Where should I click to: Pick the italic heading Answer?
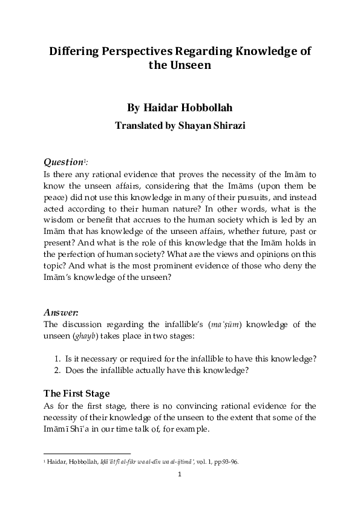click(61, 312)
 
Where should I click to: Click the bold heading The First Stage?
click(77, 394)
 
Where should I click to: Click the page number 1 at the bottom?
click(180, 475)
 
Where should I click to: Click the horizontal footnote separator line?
click(88, 453)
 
